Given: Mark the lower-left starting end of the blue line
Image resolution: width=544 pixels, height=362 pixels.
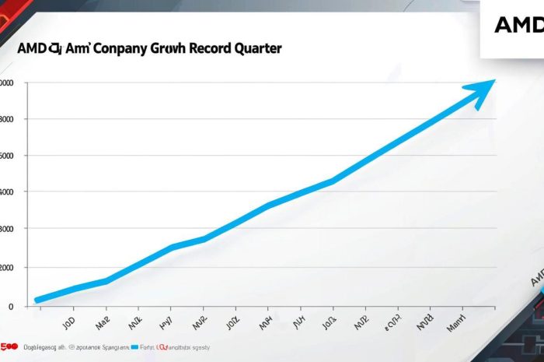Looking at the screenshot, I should pyautogui.click(x=37, y=300).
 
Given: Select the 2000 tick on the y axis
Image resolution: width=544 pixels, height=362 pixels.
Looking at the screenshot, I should pyautogui.click(x=7, y=268).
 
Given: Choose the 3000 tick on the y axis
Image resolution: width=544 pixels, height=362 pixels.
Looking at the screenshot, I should pyautogui.click(x=7, y=229).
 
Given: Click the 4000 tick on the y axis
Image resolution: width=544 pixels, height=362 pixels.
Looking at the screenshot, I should pyautogui.click(x=7, y=192).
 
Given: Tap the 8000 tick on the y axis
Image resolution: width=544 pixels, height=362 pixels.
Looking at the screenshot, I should pyautogui.click(x=7, y=119).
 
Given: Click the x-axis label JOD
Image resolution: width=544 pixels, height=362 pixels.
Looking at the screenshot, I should pyautogui.click(x=68, y=319).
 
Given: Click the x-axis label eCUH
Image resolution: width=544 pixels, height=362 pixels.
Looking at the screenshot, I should pyautogui.click(x=394, y=318).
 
